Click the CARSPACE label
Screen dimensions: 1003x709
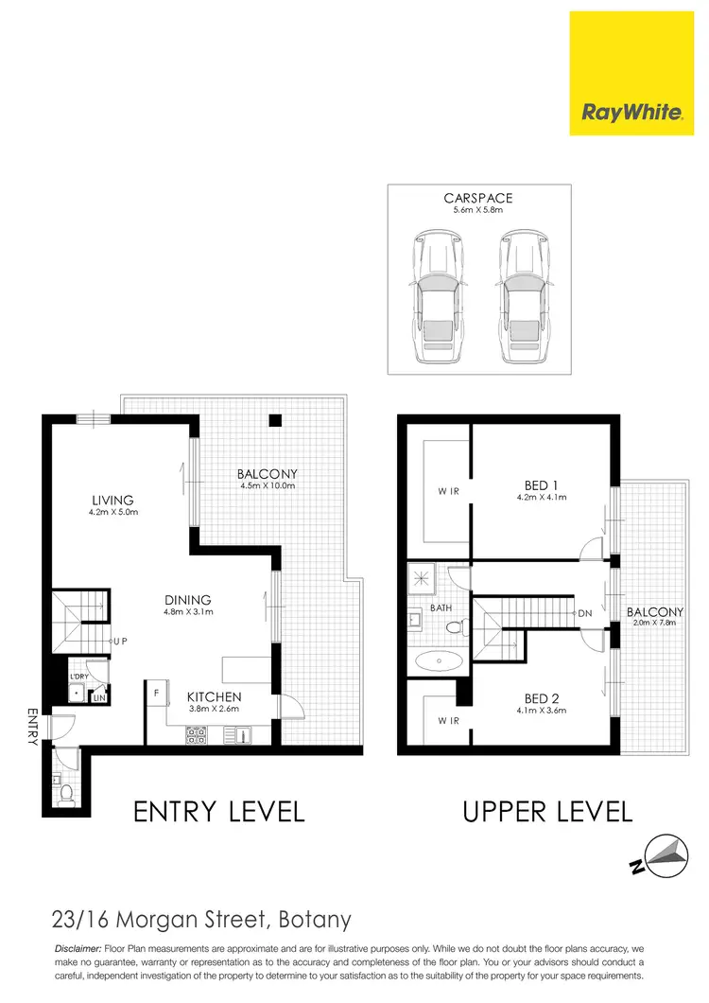(477, 199)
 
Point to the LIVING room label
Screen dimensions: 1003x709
(112, 501)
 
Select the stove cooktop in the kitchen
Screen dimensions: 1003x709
(197, 732)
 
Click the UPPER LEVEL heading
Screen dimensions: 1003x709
(546, 811)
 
